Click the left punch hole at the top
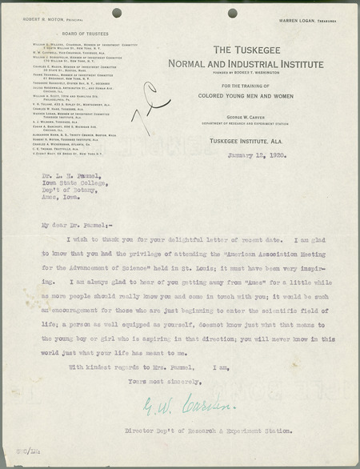[117, 12]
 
